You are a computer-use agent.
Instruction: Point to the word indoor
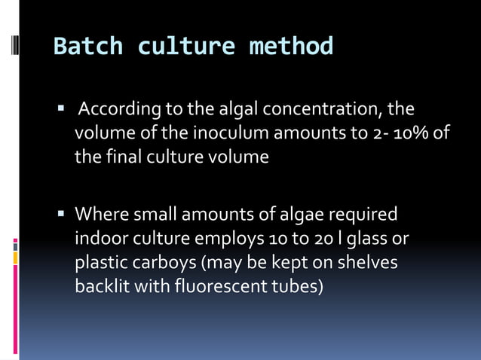(x=100, y=239)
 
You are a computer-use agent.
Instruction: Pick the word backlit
(x=101, y=287)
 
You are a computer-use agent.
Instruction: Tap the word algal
(x=235, y=110)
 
